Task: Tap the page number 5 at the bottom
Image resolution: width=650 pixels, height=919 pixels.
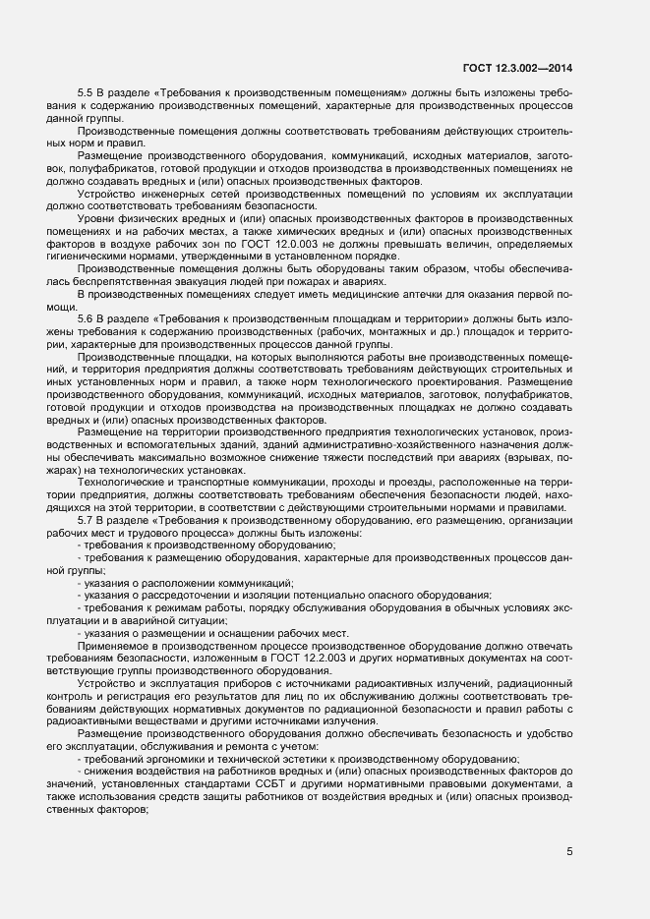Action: point(569,852)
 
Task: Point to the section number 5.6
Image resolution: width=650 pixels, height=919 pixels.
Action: point(86,319)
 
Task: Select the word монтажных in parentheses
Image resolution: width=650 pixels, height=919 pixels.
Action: point(413,332)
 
